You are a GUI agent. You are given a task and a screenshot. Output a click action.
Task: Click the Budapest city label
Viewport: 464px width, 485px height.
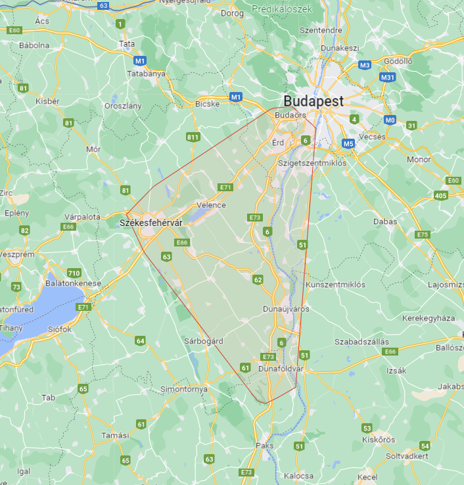coord(313,101)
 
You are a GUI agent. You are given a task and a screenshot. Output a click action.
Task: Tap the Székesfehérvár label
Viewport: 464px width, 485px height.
coord(151,223)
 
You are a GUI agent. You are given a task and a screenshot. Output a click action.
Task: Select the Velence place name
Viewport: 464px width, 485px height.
coord(211,205)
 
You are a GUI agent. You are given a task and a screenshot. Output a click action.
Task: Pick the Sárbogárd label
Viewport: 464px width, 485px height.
coord(203,341)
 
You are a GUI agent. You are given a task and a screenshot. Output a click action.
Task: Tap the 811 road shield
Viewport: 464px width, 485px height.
coord(193,137)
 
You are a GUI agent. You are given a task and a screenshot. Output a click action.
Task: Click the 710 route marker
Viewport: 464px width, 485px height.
coord(74,273)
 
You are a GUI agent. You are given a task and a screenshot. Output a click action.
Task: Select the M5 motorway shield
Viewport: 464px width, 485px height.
coord(348,143)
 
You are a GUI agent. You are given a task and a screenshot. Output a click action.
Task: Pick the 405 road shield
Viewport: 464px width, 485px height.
coord(441,196)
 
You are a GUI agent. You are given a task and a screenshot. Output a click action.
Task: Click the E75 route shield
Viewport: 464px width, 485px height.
coord(423,235)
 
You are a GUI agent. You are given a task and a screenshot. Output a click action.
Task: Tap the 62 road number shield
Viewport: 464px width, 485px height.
coord(258,280)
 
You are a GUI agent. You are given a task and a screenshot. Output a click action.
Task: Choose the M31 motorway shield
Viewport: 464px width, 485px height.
coord(388,77)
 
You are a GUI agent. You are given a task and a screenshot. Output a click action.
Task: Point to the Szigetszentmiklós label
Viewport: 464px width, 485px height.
coord(312,163)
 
